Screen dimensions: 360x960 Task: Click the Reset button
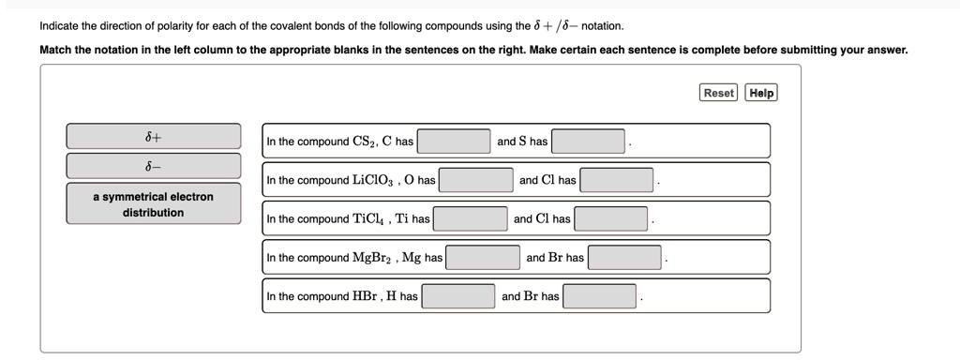click(x=719, y=93)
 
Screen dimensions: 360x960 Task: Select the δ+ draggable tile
click(x=153, y=136)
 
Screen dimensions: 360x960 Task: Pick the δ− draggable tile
click(x=153, y=166)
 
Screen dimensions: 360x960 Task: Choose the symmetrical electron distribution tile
click(x=153, y=204)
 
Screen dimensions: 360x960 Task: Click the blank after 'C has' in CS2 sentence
click(x=455, y=142)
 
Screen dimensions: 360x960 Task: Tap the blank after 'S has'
click(x=589, y=142)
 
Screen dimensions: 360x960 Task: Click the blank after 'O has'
click(x=476, y=180)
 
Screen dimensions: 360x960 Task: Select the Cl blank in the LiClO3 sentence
click(x=617, y=180)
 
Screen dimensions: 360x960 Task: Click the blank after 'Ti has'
click(x=471, y=219)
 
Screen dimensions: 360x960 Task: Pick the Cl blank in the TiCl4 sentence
click(x=611, y=219)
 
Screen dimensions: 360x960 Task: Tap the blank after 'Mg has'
click(x=483, y=258)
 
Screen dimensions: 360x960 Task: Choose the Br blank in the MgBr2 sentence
click(x=626, y=258)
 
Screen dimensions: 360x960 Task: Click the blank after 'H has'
click(x=457, y=296)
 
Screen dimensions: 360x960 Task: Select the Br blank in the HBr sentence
click(x=600, y=296)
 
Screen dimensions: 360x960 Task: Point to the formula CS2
click(x=364, y=142)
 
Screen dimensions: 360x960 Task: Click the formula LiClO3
click(x=374, y=181)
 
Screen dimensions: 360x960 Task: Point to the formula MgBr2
click(x=374, y=258)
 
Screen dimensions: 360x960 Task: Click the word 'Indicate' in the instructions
click(x=63, y=26)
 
